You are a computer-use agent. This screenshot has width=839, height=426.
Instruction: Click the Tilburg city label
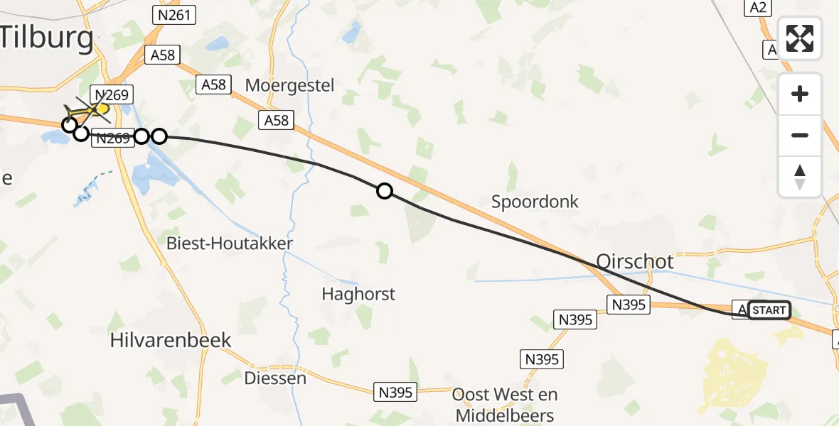(x=47, y=38)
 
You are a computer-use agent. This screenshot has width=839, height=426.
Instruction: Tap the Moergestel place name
(x=289, y=85)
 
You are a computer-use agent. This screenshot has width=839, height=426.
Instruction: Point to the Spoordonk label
(x=535, y=202)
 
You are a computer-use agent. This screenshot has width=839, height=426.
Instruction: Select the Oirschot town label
(x=634, y=261)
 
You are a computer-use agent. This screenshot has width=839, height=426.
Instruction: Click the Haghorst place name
(x=358, y=293)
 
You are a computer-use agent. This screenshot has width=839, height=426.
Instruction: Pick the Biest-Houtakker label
(x=229, y=244)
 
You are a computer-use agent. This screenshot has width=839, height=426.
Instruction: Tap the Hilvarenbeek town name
(x=171, y=340)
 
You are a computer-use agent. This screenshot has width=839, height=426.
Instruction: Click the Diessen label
(x=275, y=378)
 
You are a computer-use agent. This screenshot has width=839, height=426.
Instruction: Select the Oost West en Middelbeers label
(x=505, y=405)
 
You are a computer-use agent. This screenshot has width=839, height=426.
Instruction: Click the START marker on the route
(x=769, y=310)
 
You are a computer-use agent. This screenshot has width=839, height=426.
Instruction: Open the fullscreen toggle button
(x=800, y=38)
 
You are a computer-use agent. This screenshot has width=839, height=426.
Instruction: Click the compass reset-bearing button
(x=800, y=176)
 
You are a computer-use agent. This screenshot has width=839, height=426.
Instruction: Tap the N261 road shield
(x=174, y=14)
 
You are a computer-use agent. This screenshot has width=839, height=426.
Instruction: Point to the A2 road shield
(x=757, y=7)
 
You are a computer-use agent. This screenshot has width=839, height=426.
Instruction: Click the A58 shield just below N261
(x=162, y=55)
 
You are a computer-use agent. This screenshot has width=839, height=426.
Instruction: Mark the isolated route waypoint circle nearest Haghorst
(x=384, y=190)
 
